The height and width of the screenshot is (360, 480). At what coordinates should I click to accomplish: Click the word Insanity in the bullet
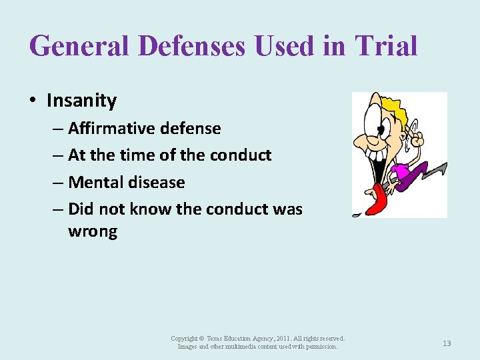coord(81,101)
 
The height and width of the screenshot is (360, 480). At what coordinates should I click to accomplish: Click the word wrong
coord(92,231)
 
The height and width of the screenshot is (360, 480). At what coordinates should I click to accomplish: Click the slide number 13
coord(447,343)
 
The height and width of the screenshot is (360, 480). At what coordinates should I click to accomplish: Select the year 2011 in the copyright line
coord(279,339)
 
